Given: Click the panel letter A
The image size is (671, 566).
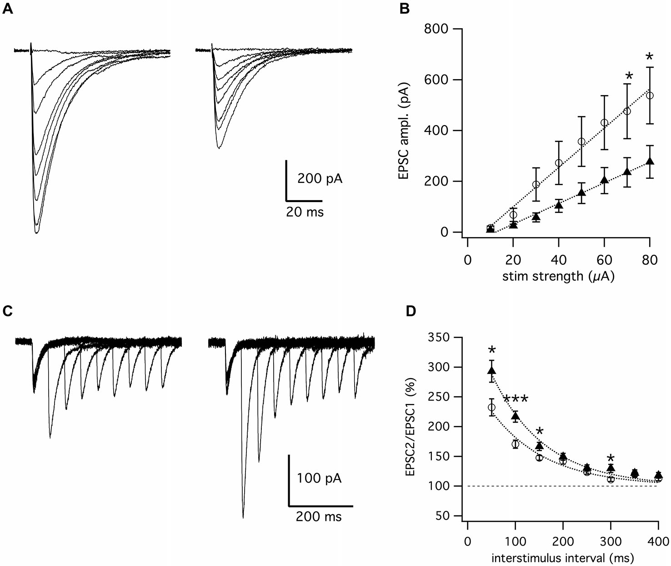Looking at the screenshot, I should click(x=7, y=9).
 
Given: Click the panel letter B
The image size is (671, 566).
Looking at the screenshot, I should click(x=405, y=9).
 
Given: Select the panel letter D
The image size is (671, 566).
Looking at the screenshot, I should click(x=411, y=311).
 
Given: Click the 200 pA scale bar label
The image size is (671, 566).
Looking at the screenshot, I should click(x=320, y=178).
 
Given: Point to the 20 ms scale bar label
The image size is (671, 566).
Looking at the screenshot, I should click(x=305, y=212).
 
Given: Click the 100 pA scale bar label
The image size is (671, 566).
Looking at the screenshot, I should click(x=319, y=478).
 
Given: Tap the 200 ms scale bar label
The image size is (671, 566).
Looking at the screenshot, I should click(x=318, y=516).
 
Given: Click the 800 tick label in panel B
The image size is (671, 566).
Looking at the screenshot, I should click(x=436, y=29).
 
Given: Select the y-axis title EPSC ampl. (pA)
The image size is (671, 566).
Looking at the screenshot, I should click(x=404, y=131).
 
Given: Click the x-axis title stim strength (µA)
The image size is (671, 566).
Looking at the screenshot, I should click(x=558, y=276).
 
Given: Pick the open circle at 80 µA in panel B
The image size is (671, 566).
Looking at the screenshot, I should click(x=650, y=96).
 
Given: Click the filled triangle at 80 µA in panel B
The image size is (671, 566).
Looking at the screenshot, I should click(x=650, y=161).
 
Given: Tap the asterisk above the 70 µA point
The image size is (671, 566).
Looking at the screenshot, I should click(x=629, y=76).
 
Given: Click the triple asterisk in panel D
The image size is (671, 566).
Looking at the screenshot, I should click(x=516, y=400).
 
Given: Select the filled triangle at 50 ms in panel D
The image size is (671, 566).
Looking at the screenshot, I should click(x=491, y=370).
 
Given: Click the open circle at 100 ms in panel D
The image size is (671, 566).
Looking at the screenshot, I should click(x=515, y=444).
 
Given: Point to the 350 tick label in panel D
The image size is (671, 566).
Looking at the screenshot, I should click(x=438, y=337).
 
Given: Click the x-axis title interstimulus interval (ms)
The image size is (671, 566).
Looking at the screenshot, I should click(x=562, y=558).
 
